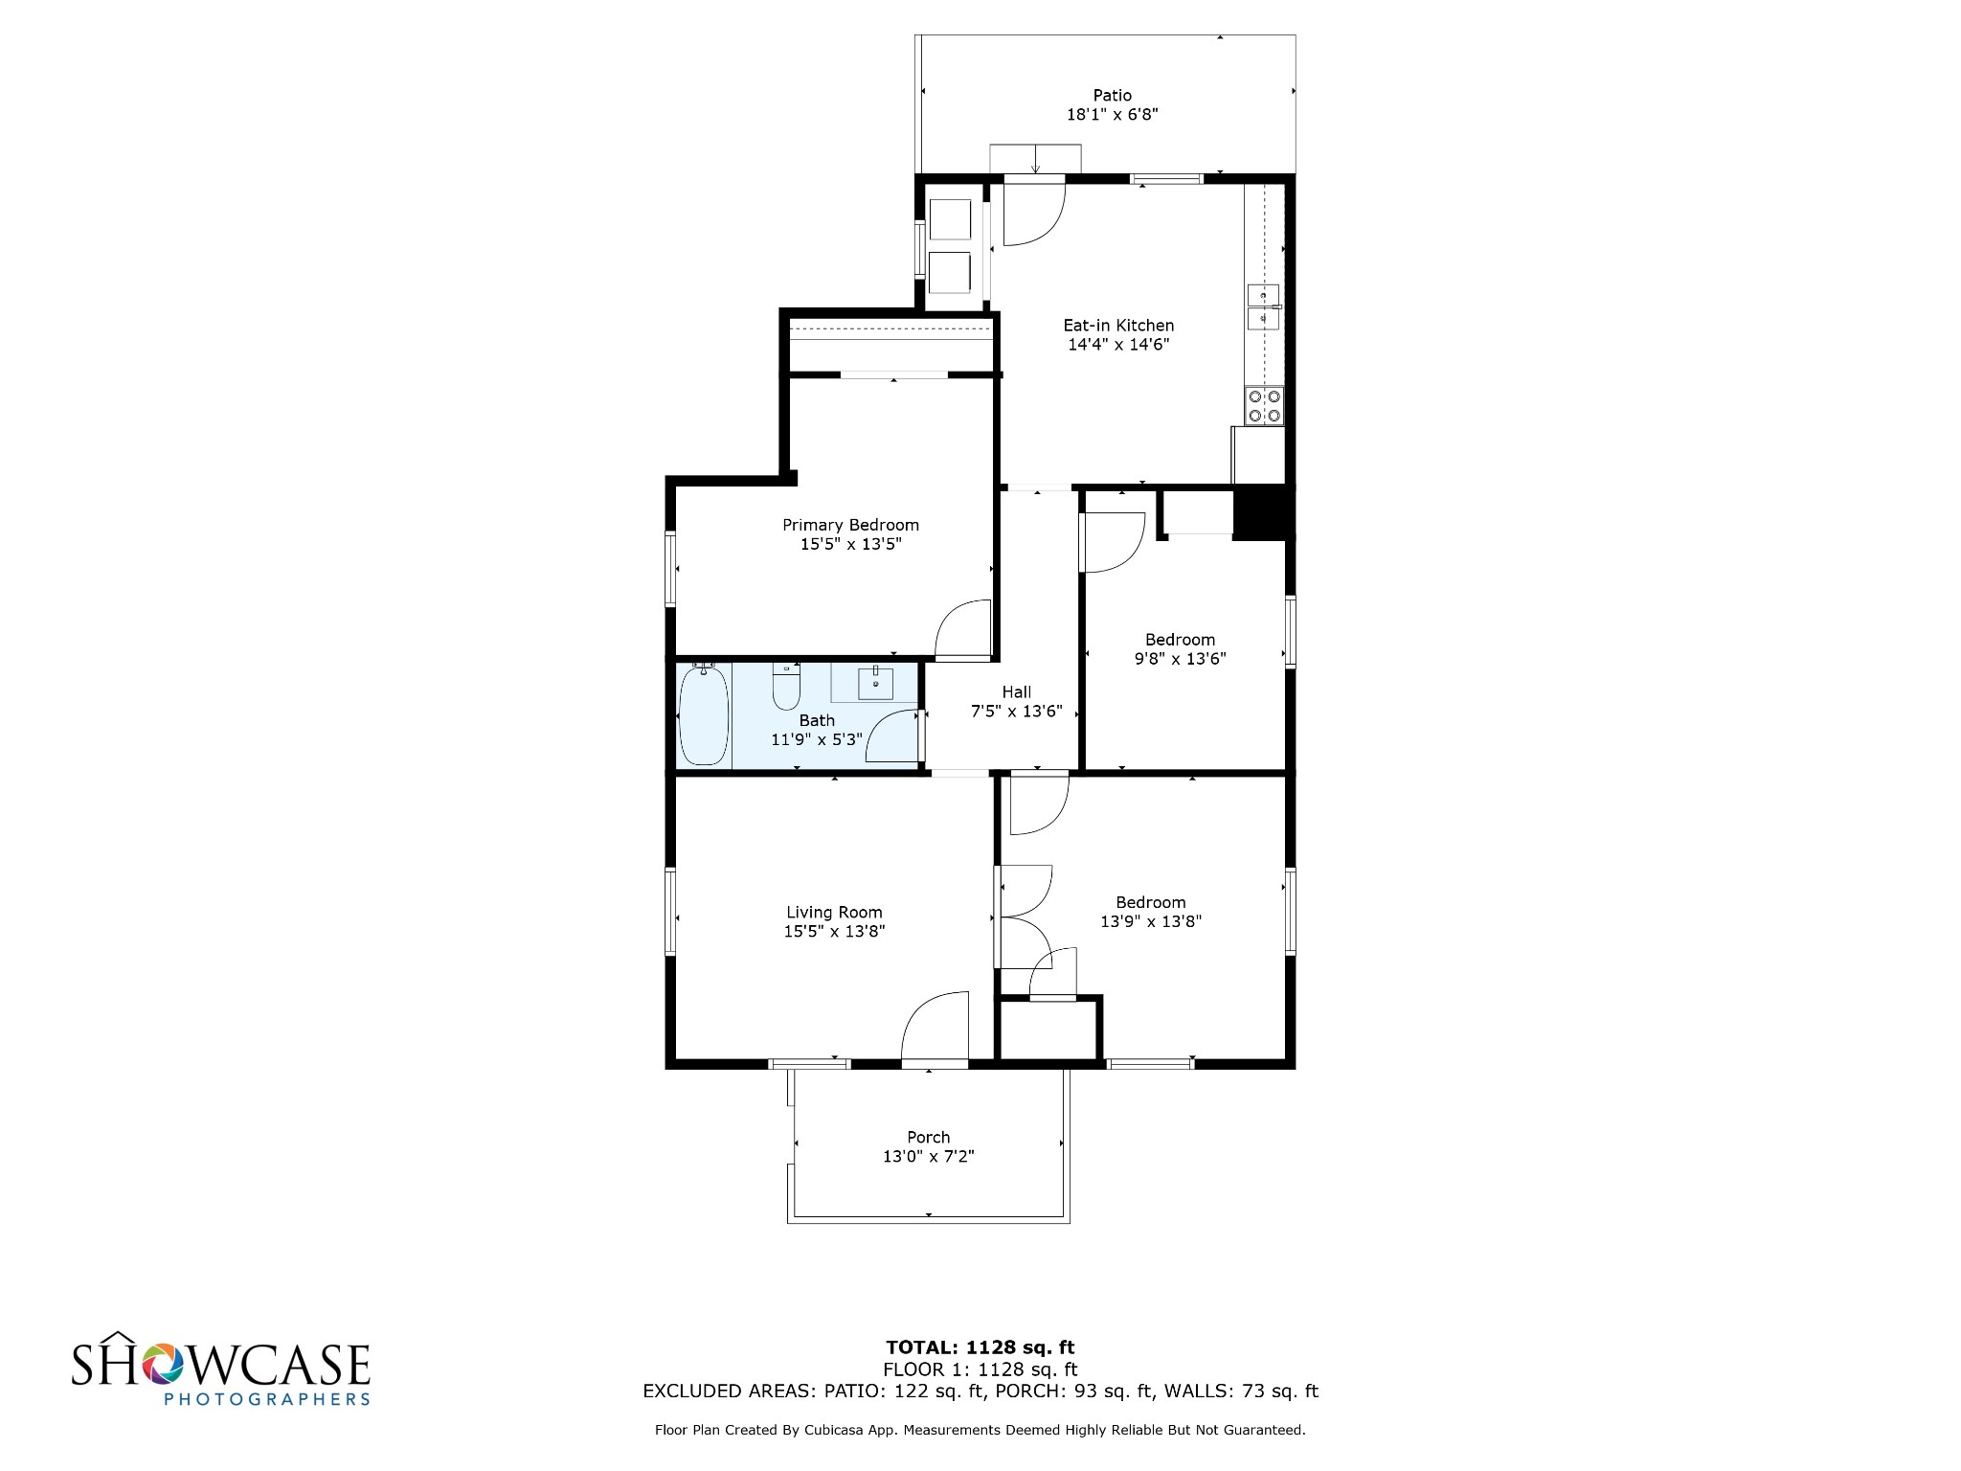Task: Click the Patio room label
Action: (x=1113, y=95)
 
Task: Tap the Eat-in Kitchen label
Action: (x=1118, y=326)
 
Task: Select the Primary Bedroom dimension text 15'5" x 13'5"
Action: (x=851, y=544)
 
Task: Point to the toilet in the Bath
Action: (x=786, y=686)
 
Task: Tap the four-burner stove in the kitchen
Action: (x=1264, y=406)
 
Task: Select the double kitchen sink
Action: (x=1264, y=306)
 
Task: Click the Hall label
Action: (x=1017, y=691)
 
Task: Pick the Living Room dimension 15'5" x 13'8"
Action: (x=834, y=931)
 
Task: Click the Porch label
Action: (x=929, y=1137)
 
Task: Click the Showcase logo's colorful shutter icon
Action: (x=164, y=1364)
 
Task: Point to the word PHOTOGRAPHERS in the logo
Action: (x=267, y=1398)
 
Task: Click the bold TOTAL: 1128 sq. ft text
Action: (x=980, y=1347)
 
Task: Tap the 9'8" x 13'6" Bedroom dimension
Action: (x=1180, y=659)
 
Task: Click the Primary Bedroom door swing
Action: (x=962, y=629)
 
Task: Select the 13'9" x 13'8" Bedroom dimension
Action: (x=1151, y=921)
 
